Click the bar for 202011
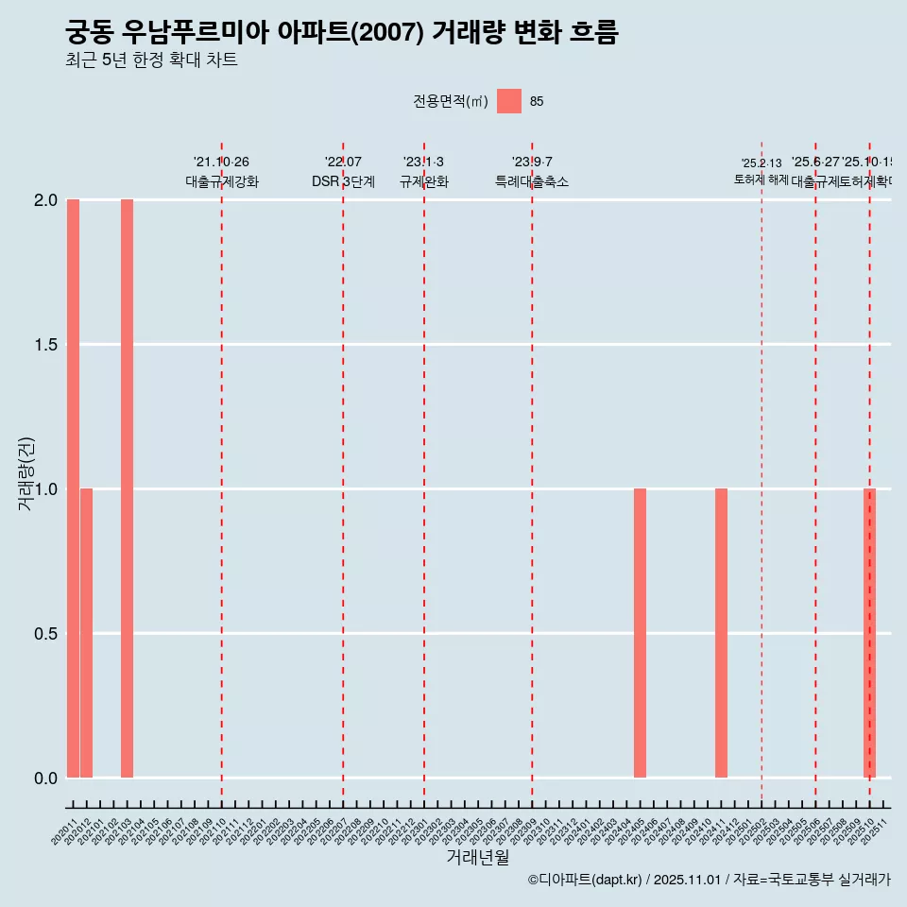73,488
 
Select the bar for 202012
86,633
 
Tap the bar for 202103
127,488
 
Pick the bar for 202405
640,633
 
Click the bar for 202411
721,633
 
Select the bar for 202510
870,633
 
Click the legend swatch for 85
509,101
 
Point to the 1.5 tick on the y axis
45,345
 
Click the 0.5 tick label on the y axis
45,634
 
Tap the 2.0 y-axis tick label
45,200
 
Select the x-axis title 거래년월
478,857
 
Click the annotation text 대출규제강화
222,181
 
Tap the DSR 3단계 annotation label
343,181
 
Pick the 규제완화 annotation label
423,181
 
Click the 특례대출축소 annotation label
532,181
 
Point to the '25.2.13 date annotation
762,163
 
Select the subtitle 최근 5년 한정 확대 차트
151,60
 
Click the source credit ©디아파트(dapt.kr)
586,880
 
